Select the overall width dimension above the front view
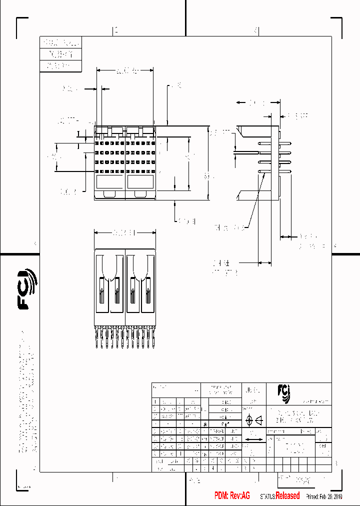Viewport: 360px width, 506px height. [x=124, y=71]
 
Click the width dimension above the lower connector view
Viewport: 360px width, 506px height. [x=124, y=232]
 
